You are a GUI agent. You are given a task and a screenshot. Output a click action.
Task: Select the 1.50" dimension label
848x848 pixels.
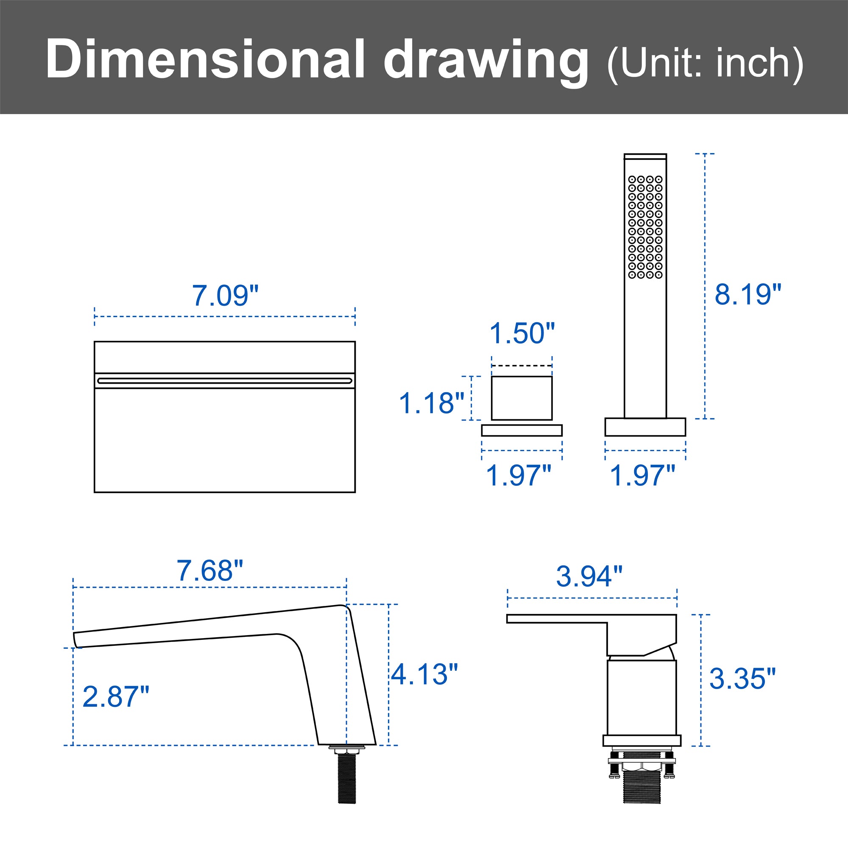[x=522, y=333]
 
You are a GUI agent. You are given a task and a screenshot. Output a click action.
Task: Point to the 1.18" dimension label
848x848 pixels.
[x=432, y=403]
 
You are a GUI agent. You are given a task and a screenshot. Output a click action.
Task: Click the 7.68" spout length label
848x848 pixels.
[x=210, y=571]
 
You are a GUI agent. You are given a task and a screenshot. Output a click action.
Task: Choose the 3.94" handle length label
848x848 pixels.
[x=589, y=576]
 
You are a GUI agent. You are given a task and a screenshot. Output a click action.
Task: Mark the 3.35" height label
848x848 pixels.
[x=743, y=678]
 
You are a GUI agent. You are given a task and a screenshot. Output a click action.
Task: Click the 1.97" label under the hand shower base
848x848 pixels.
[x=643, y=475]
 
